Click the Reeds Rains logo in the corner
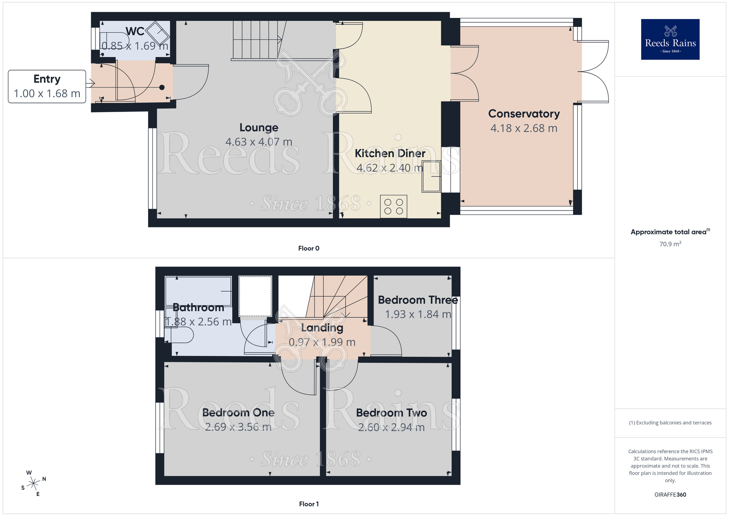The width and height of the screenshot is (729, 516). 670,39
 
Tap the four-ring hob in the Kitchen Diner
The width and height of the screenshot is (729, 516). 394,207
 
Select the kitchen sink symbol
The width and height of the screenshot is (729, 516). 432,176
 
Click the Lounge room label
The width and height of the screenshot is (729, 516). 259,127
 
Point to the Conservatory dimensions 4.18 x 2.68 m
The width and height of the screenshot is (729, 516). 524,128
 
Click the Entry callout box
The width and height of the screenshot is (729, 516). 47,86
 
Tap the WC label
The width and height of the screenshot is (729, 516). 135,31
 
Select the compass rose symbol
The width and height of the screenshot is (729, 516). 34,484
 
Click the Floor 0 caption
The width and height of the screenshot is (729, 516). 309,249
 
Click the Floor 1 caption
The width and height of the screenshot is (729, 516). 309,504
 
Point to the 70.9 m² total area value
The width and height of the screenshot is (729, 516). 670,244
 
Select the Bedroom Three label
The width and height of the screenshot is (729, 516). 418,300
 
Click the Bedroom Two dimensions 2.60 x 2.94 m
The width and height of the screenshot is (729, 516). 391,427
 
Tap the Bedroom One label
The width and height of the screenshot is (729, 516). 238,413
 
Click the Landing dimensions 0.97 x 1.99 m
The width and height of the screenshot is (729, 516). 322,342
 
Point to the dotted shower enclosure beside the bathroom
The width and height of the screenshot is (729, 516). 255,296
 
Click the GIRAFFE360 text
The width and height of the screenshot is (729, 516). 670,495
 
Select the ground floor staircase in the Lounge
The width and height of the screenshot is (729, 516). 257,39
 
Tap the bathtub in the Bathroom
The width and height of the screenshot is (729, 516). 198,291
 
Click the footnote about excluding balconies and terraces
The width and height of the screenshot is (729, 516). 670,423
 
